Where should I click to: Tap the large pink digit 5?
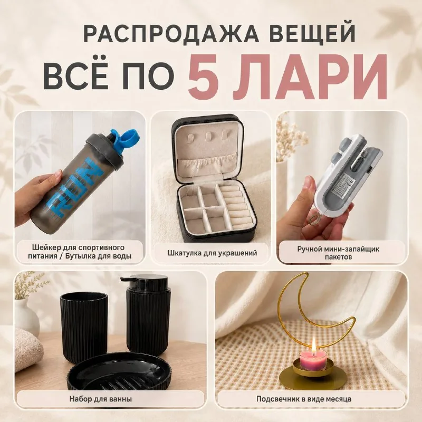click(204, 77)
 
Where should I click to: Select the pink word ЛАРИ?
click(310, 77)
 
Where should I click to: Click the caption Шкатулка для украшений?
click(212, 253)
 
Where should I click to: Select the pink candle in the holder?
click(313, 360)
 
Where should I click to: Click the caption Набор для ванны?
click(101, 399)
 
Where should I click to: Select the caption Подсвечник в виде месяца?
click(304, 399)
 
